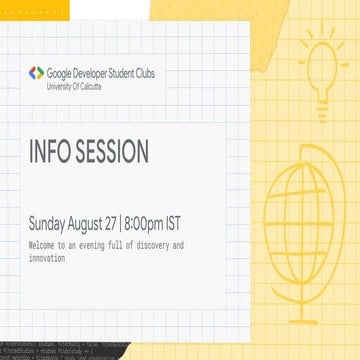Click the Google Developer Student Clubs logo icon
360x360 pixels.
pos(37,73)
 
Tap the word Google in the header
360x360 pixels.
pos(61,73)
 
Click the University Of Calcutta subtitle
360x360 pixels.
pos(73,87)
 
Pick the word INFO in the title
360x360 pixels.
pos(49,153)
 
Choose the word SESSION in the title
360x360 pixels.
pos(111,153)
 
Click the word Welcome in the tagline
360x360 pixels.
pos(45,245)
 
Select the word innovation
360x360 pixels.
pos(47,258)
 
